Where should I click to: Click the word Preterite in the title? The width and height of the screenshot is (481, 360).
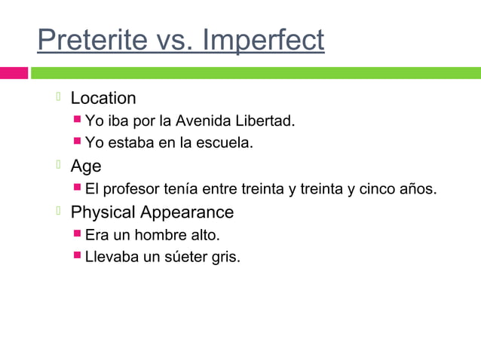[89, 41]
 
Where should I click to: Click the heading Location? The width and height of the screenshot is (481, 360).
[103, 99]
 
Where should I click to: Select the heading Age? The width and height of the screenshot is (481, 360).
[85, 166]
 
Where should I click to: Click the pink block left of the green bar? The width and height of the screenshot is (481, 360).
[14, 73]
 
